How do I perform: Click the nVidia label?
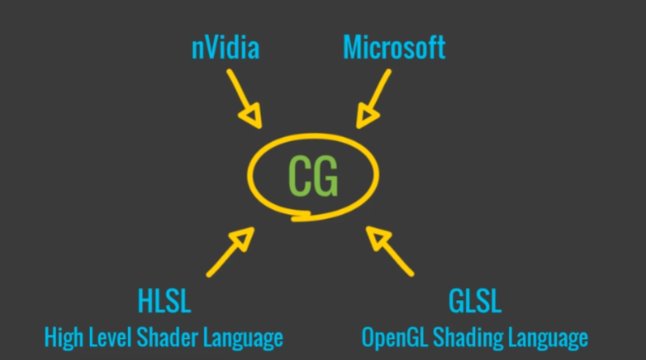click(225, 48)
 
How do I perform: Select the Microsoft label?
click(394, 48)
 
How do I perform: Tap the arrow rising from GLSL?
click(390, 251)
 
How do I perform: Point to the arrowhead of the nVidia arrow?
click(255, 118)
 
